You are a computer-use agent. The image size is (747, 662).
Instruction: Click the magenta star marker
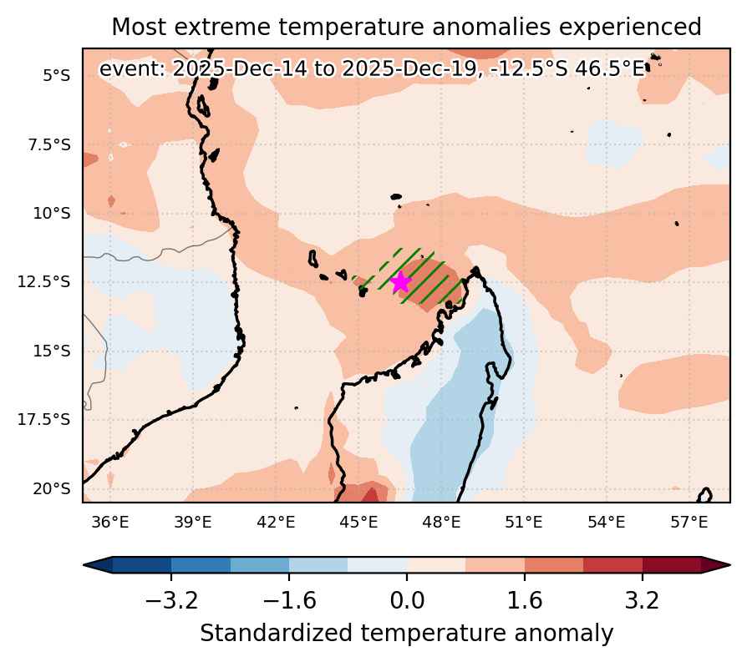coord(400,281)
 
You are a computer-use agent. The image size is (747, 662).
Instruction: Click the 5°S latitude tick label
coord(56,75)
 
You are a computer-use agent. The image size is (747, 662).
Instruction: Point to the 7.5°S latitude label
coord(49,144)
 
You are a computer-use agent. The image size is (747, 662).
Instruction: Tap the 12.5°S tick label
coord(43,281)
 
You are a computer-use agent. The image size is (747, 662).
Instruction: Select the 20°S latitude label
coord(52,488)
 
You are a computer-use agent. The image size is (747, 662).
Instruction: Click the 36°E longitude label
coord(110,522)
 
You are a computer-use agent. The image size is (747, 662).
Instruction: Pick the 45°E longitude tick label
coord(358,522)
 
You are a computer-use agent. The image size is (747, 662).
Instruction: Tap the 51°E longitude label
coord(524,522)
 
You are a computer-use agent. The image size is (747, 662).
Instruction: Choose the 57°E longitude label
coord(689,522)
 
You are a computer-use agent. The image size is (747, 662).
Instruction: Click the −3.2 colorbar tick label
coord(171,600)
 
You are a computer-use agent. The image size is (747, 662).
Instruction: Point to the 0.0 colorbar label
coord(407,600)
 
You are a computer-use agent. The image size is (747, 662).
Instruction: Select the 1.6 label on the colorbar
coord(524,600)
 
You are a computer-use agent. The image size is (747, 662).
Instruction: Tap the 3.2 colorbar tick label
coord(642,600)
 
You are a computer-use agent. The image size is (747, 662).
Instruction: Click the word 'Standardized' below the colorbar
coord(277,634)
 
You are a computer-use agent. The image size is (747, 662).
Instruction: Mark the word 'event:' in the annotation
coord(132,69)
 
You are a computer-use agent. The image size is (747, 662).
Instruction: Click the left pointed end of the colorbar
coord(84,565)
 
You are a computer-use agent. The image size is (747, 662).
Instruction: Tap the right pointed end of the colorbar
coord(729,565)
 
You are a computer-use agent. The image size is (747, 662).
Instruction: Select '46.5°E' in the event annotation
coord(610,69)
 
